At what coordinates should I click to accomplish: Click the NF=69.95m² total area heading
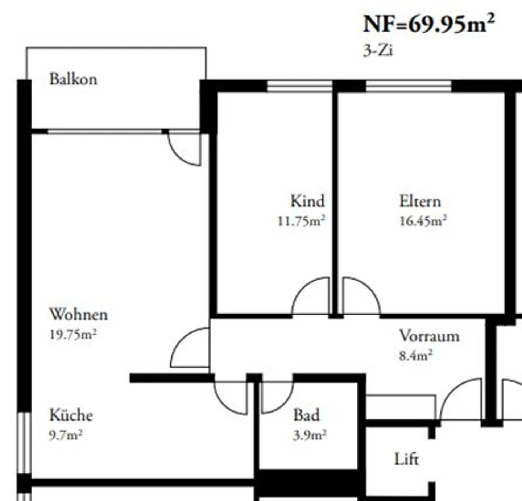pos(428,24)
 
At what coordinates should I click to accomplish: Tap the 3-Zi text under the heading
pos(378,50)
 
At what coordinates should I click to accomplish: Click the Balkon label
pos(73,79)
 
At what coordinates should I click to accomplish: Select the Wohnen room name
pos(78,314)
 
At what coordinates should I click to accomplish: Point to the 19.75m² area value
pos(73,334)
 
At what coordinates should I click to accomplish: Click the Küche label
pos(71,415)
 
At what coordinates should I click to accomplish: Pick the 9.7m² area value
pos(66,435)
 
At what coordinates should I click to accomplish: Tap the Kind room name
pos(307,201)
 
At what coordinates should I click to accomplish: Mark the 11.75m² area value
pos(301,221)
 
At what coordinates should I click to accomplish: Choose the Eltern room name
pos(420,201)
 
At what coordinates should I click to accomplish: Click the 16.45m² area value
pos(423,221)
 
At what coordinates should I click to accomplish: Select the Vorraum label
pos(429,336)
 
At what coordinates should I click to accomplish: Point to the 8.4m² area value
pos(415,356)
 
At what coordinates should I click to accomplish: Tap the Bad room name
pos(307,415)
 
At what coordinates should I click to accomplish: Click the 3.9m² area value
pos(310,435)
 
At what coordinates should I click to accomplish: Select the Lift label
pos(406,460)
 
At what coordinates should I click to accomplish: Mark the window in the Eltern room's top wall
pos(409,86)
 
